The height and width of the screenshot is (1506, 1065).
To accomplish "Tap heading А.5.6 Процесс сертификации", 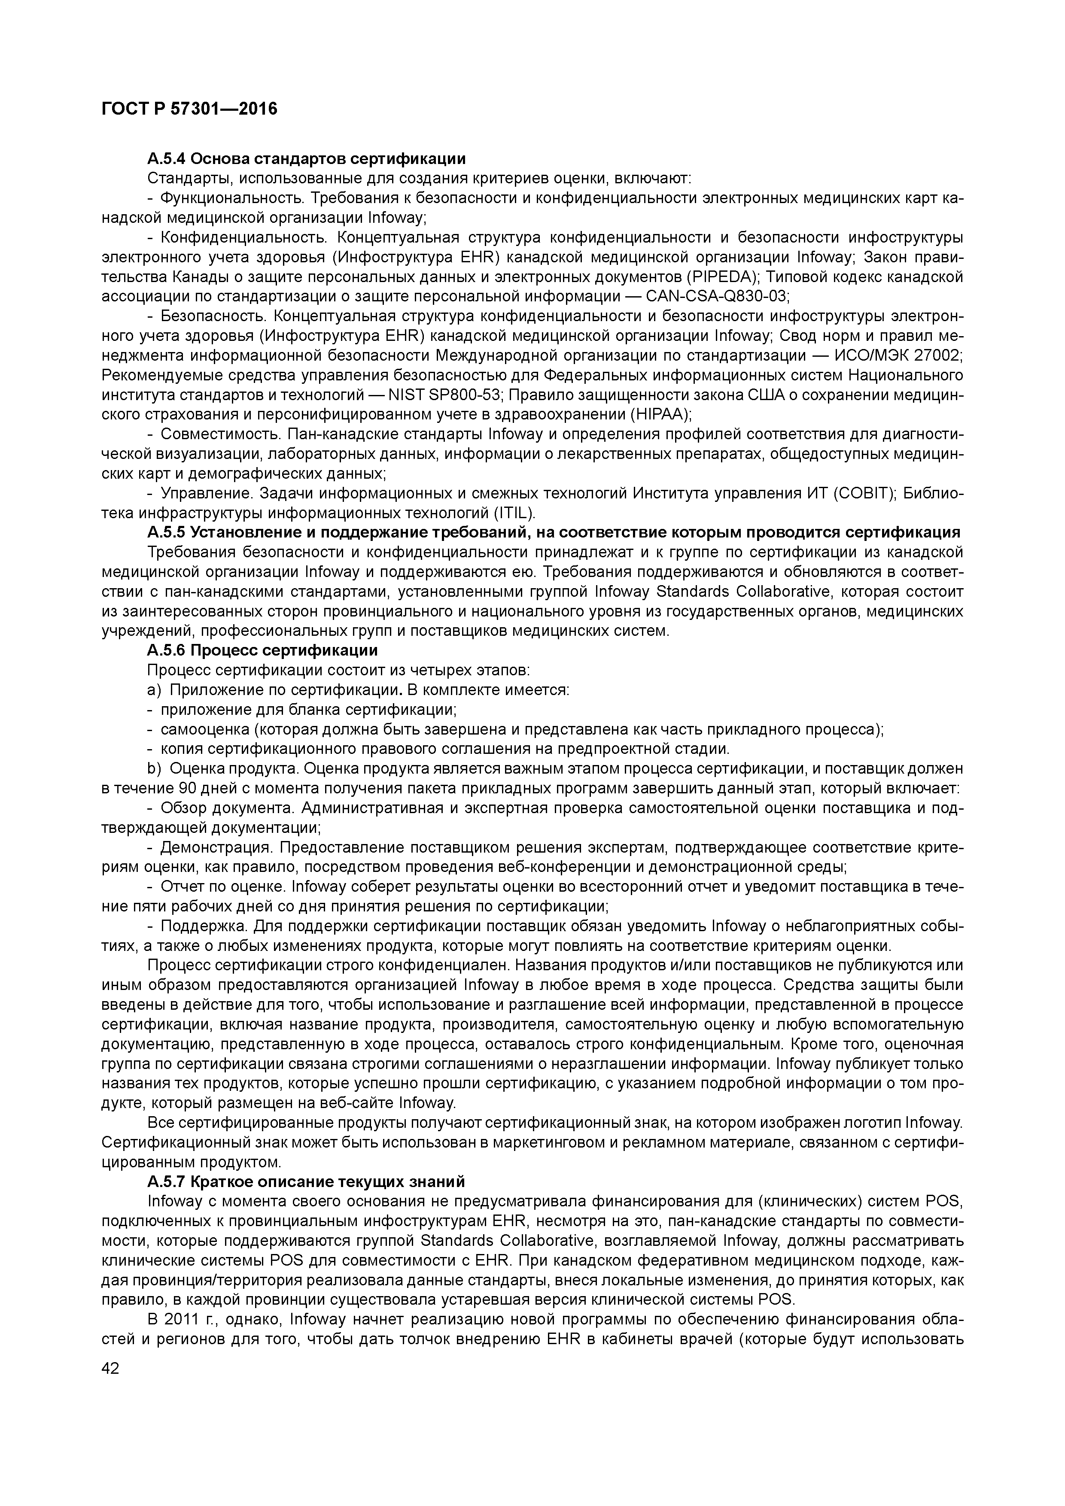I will pos(262,650).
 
